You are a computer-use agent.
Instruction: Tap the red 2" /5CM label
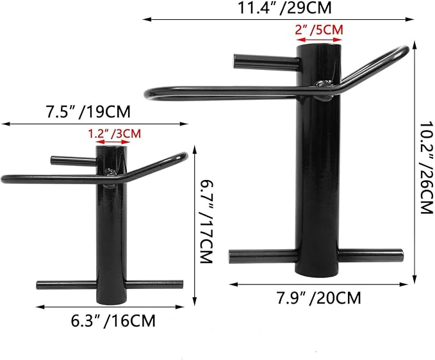[319, 29]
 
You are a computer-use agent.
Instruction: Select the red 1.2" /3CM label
[114, 134]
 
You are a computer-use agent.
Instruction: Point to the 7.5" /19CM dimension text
[88, 111]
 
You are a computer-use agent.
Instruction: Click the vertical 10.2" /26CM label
[427, 167]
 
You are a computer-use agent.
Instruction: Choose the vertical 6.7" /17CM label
[206, 222]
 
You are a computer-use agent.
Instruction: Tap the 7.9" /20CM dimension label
[319, 298]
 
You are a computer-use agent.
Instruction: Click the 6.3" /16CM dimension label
[113, 321]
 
